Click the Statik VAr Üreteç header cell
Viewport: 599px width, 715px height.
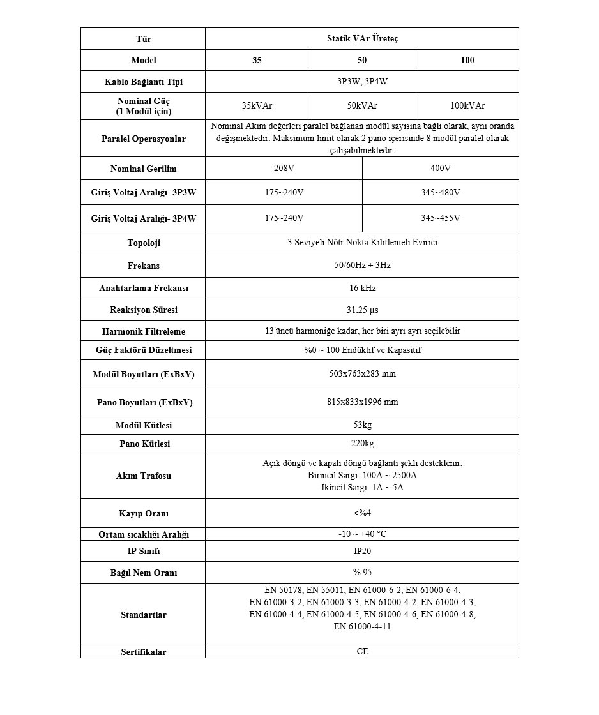361,39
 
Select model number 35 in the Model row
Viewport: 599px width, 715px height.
256,61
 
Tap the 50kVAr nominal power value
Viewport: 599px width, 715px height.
361,106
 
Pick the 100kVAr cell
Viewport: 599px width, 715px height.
467,106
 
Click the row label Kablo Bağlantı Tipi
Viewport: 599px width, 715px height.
143,82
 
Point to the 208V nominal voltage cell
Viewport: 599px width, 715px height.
284,169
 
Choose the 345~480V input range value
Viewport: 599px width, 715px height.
440,192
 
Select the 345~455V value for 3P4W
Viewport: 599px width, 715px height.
440,218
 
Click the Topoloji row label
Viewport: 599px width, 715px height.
143,243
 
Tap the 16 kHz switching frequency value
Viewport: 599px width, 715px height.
362,288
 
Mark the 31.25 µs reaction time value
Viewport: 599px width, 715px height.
362,310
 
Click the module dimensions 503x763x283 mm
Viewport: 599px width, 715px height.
362,373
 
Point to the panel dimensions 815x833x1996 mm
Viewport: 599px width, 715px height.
362,402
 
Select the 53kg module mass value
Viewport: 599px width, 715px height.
362,425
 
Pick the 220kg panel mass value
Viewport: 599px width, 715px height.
362,444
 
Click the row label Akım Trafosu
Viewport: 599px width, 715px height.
143,476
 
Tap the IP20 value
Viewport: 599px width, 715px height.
362,551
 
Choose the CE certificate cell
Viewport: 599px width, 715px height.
362,652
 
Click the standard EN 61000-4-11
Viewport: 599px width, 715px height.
362,627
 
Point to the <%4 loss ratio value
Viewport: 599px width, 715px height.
362,513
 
